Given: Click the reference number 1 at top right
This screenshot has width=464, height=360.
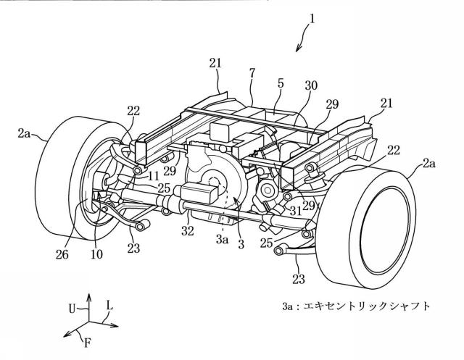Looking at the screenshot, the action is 311,20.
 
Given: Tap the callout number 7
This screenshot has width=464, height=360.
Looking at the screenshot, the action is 252,73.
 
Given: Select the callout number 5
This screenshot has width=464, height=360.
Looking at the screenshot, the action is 281,83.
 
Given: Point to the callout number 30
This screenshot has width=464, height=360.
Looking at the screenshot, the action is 310,85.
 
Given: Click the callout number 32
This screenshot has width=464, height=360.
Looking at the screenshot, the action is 188,230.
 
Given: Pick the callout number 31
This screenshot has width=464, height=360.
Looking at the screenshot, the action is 295,211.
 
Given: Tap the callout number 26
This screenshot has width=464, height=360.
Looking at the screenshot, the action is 62,254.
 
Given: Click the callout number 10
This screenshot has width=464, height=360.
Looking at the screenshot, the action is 96,254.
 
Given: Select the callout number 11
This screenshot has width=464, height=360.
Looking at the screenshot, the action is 153,176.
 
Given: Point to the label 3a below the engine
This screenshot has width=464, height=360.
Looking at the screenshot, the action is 222,240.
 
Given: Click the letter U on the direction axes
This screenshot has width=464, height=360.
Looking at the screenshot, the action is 72,309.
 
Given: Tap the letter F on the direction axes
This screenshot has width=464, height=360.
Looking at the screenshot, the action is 87,343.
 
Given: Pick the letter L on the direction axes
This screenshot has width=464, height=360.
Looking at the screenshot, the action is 109,306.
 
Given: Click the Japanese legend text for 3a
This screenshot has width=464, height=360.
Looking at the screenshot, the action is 356,306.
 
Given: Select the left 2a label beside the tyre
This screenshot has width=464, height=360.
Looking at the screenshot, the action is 24,134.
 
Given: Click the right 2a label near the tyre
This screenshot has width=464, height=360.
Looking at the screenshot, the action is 428,163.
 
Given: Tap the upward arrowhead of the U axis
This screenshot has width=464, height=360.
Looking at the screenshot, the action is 88,296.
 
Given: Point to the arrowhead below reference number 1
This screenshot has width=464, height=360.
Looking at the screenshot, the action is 298,49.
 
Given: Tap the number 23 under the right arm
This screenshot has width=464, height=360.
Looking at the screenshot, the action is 298,279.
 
